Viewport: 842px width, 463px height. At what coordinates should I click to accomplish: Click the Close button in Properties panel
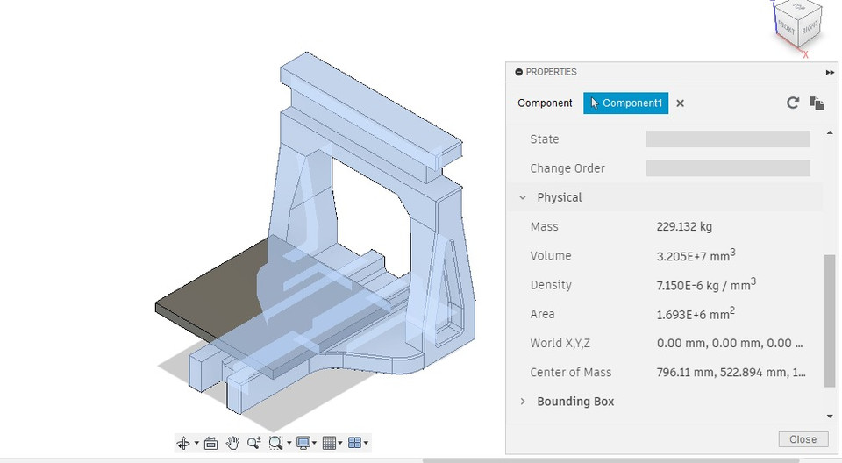pos(803,439)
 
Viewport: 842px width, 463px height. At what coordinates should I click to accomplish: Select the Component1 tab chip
pos(625,103)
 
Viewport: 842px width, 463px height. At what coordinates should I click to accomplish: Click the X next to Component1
pos(680,103)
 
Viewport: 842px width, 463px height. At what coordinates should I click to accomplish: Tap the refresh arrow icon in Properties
pos(793,103)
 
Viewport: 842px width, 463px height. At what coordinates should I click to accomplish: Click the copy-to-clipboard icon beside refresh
pos(817,103)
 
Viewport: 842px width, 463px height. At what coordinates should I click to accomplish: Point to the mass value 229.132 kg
pos(684,226)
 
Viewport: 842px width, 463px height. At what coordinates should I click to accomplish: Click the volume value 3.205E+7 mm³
pos(696,255)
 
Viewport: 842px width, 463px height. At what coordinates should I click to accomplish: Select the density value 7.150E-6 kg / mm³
pos(706,285)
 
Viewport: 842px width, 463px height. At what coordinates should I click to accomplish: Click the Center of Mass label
pos(571,372)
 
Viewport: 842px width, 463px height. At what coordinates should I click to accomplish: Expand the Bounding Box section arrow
pos(523,402)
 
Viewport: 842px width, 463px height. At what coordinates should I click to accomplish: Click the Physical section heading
pos(560,197)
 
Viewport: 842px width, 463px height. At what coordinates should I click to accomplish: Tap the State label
pos(545,139)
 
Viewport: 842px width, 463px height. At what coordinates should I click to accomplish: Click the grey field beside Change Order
pos(727,168)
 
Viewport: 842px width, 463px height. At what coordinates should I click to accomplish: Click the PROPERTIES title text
pos(551,72)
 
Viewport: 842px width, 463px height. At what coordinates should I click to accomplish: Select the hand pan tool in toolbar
pos(232,443)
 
